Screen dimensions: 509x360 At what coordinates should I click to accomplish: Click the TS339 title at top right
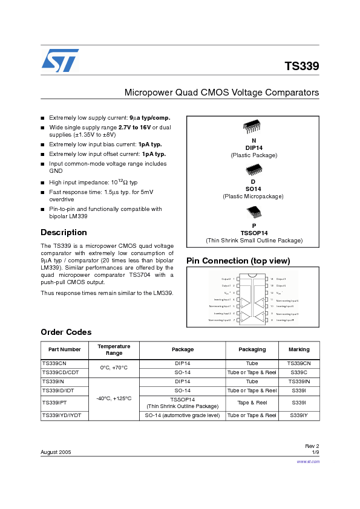click(x=301, y=66)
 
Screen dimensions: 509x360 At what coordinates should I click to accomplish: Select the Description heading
click(x=64, y=232)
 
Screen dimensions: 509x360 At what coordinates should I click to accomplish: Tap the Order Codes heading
click(x=66, y=332)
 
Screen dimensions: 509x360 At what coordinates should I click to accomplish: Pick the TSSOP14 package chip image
click(x=254, y=212)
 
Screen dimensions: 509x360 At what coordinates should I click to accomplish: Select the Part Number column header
click(x=65, y=349)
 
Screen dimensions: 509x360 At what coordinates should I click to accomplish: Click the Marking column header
click(x=299, y=349)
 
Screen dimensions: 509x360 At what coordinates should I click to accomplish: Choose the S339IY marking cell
click(x=299, y=415)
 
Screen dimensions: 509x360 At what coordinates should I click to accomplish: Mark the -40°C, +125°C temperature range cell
click(x=114, y=398)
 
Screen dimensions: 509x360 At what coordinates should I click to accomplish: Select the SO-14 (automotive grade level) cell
click(x=183, y=415)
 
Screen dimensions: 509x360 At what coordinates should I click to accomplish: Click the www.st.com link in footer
click(x=308, y=461)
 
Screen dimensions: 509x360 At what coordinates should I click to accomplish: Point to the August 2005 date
click(x=56, y=452)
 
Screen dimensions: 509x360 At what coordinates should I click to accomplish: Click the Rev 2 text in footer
click(x=312, y=446)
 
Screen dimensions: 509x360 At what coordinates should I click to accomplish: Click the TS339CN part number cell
click(x=54, y=363)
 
